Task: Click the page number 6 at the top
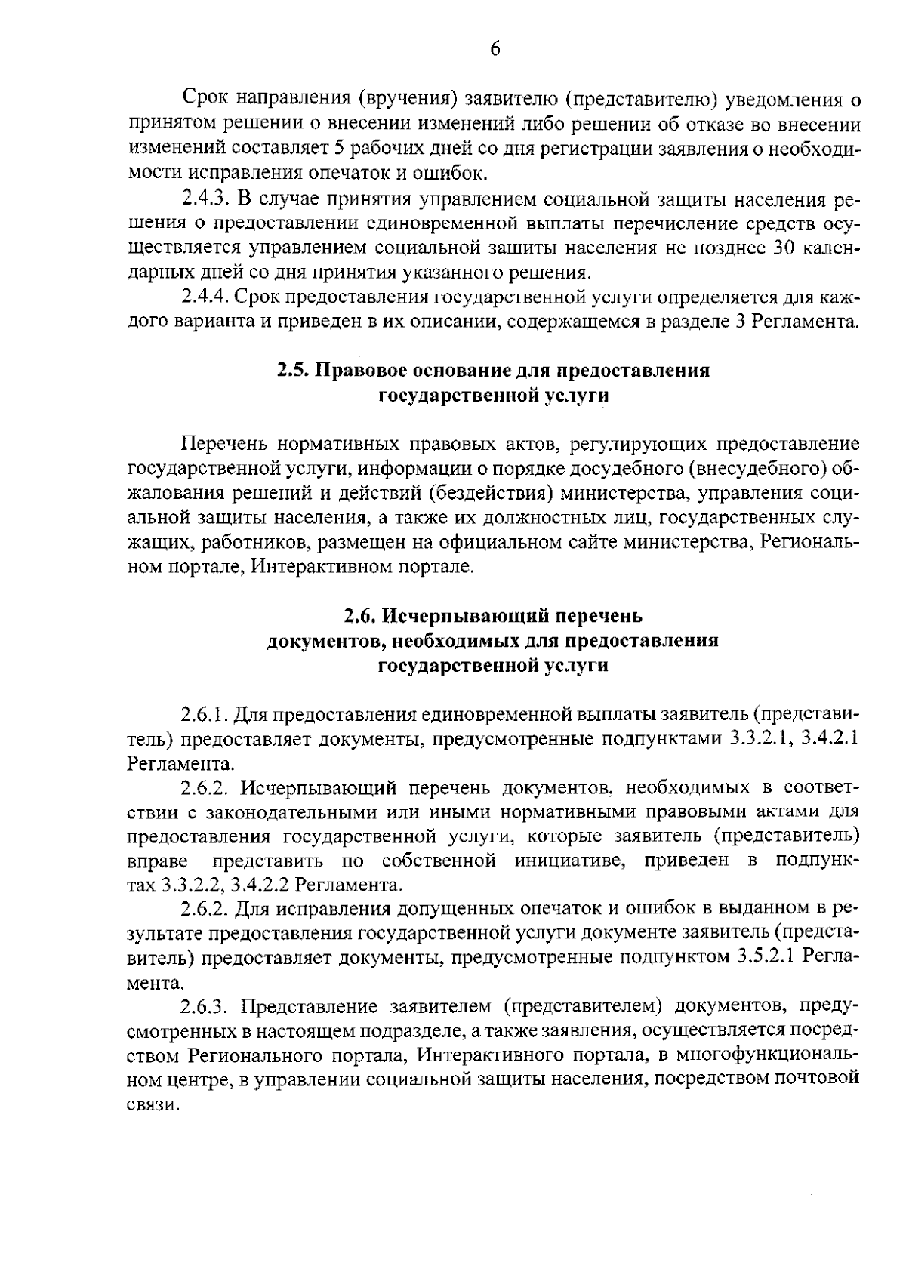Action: [x=495, y=49]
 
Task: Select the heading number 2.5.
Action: [x=291, y=371]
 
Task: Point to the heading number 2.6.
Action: [x=359, y=616]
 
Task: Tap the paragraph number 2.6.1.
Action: [x=205, y=714]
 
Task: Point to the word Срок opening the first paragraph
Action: [x=205, y=100]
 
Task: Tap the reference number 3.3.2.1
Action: [x=761, y=739]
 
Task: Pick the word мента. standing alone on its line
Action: [x=155, y=983]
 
